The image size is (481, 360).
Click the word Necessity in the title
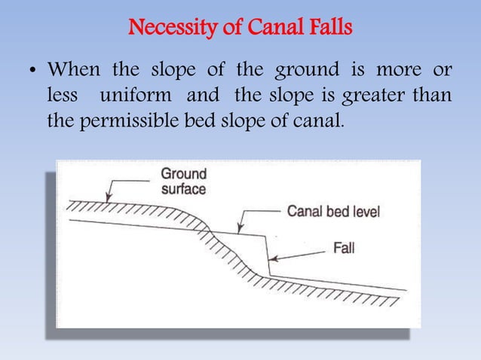point(162,31)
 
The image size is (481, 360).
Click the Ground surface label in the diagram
point(182,181)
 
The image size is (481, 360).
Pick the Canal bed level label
point(332,212)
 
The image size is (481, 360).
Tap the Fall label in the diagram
point(343,246)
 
